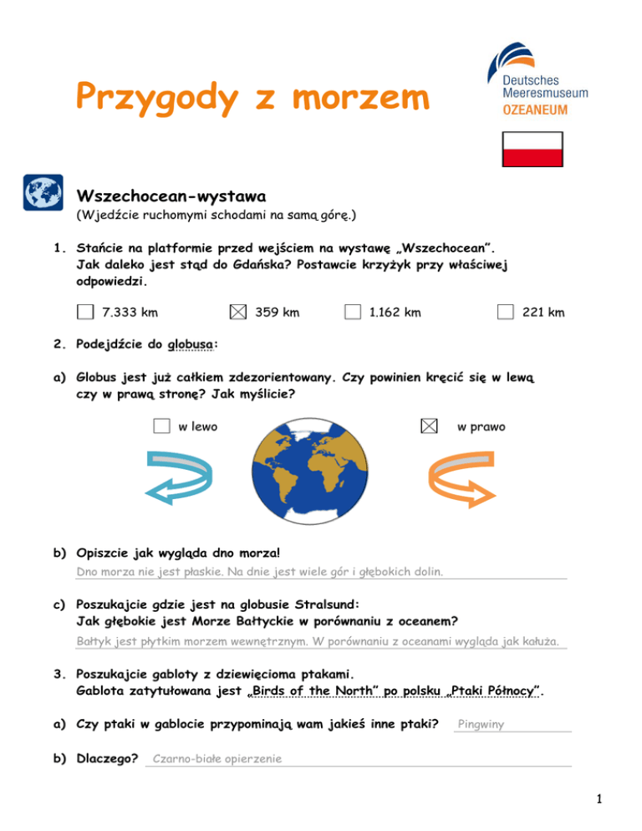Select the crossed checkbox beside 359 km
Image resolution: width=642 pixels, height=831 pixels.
coord(237,312)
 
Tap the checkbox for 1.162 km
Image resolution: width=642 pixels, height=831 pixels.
coord(353,312)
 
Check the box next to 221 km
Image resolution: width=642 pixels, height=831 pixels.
coord(505,312)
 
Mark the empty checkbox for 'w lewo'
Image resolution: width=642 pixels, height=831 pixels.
coord(162,426)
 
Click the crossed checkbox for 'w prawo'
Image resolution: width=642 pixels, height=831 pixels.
coord(428,426)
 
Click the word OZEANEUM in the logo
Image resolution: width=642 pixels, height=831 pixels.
coord(540,109)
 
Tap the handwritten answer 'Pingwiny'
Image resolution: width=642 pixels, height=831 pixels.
coord(481,725)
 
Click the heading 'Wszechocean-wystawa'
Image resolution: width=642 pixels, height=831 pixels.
coord(171,197)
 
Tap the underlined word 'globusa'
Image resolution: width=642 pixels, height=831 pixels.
coord(190,344)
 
